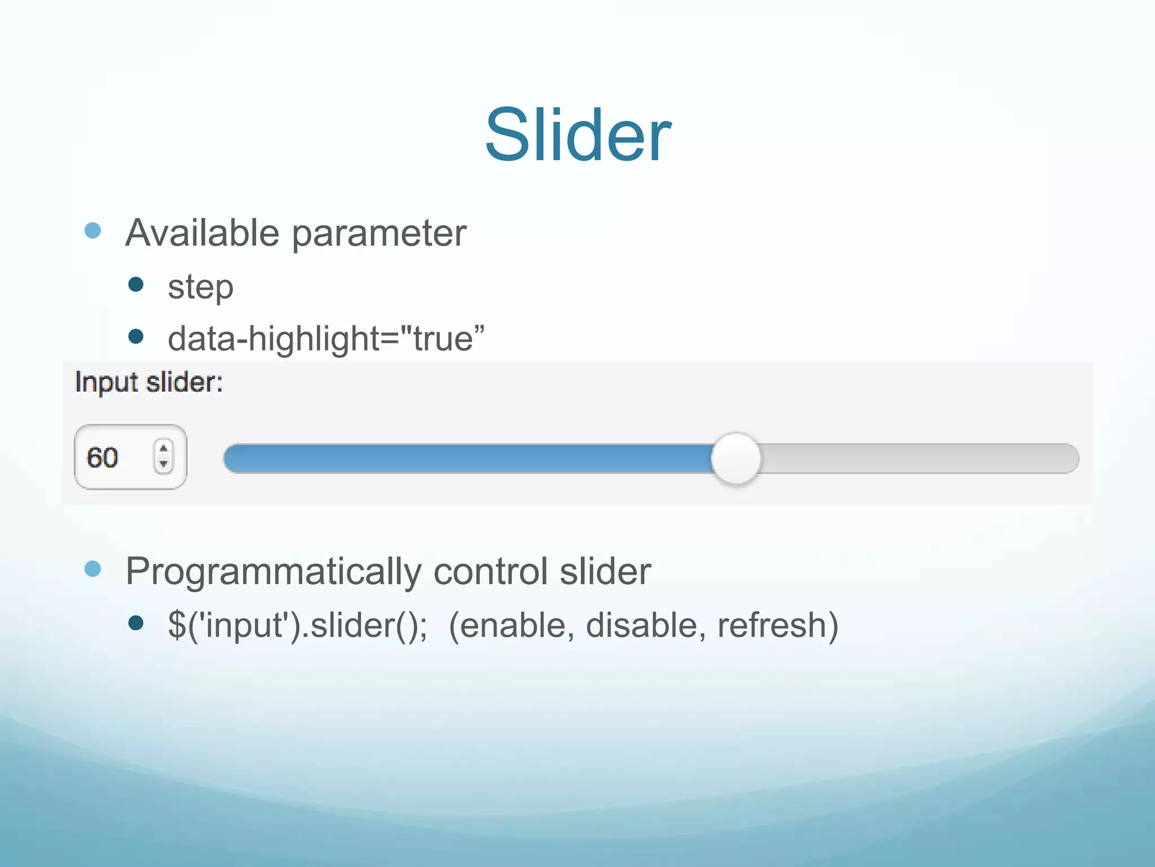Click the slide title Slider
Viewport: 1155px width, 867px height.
point(577,135)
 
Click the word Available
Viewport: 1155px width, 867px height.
point(202,233)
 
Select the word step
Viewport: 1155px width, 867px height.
point(200,287)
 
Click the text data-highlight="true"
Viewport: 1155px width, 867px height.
point(326,339)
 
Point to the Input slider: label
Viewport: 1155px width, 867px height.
point(149,382)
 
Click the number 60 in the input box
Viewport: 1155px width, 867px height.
point(102,457)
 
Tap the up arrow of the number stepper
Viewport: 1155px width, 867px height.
point(164,449)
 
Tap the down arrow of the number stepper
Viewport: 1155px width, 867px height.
point(164,464)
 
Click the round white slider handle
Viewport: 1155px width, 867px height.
point(735,458)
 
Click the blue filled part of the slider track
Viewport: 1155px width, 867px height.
point(468,458)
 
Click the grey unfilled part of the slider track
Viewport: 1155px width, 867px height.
point(919,458)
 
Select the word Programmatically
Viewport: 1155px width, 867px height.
point(273,572)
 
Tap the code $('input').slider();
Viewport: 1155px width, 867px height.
point(298,625)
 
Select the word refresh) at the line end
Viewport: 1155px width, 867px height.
point(778,625)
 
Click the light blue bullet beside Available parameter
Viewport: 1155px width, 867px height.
point(92,230)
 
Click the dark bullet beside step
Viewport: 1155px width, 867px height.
point(136,284)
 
